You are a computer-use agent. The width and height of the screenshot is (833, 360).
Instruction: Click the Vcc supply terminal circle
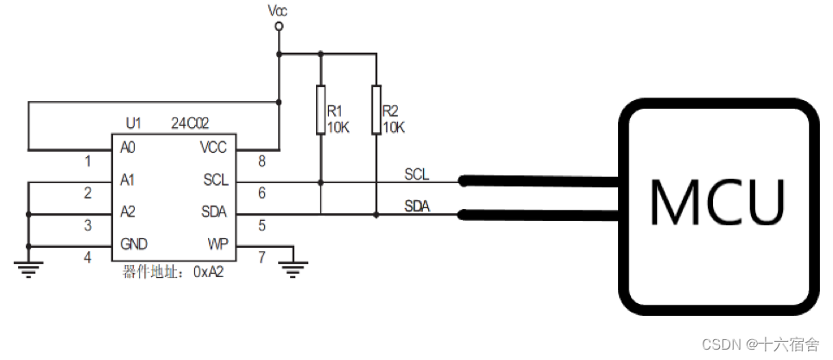click(278, 27)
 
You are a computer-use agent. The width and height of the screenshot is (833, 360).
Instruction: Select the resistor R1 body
click(320, 110)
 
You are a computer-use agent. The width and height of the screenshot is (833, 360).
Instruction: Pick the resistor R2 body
click(376, 110)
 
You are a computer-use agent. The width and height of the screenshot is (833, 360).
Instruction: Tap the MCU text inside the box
click(717, 201)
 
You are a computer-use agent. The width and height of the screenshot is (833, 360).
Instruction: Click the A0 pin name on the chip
click(129, 148)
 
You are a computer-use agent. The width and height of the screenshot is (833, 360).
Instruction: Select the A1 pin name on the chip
click(129, 180)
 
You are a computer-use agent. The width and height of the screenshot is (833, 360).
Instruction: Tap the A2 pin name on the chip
click(129, 212)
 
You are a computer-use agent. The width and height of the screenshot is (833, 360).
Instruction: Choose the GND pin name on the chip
click(133, 243)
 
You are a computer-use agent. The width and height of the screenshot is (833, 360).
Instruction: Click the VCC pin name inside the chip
click(212, 148)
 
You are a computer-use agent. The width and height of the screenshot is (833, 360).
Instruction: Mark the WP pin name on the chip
click(217, 243)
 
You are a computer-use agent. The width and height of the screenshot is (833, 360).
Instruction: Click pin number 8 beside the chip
click(262, 161)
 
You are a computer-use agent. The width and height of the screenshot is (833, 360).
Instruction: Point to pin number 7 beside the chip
click(262, 257)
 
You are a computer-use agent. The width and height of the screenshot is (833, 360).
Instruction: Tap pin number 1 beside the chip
click(87, 161)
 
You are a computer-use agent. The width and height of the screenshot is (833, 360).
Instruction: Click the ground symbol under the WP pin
click(294, 269)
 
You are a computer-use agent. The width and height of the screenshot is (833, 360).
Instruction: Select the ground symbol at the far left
click(28, 269)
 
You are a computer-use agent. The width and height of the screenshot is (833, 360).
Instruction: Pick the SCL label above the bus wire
click(416, 174)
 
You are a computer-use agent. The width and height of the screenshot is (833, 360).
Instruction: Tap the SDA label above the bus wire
click(417, 206)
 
